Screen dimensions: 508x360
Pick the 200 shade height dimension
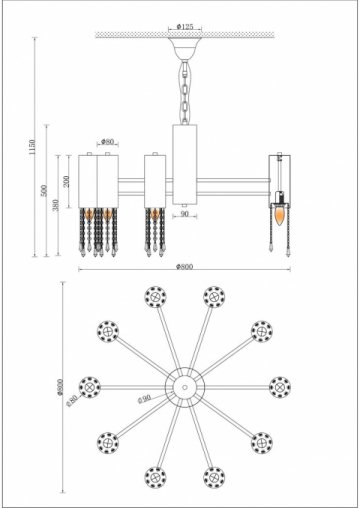[67, 180]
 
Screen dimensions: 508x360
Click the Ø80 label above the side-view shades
[107, 142]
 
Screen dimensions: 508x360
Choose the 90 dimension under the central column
[184, 214]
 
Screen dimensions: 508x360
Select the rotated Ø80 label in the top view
[73, 400]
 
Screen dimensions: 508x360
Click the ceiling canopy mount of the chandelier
[183, 47]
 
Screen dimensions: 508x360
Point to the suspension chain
[183, 90]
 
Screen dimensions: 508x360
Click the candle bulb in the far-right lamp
[279, 215]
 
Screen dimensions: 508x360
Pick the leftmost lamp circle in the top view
[90, 385]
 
